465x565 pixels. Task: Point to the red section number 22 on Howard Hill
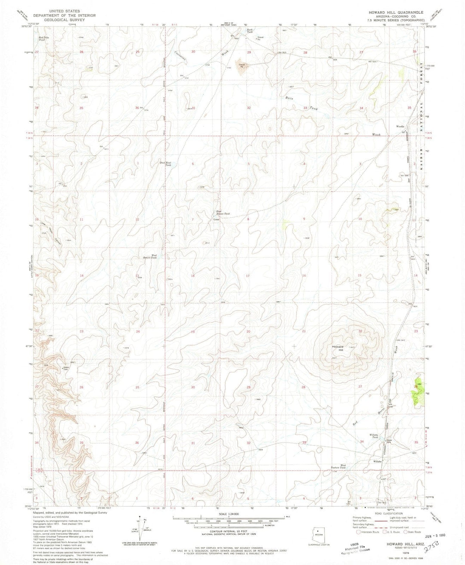(360, 330)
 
